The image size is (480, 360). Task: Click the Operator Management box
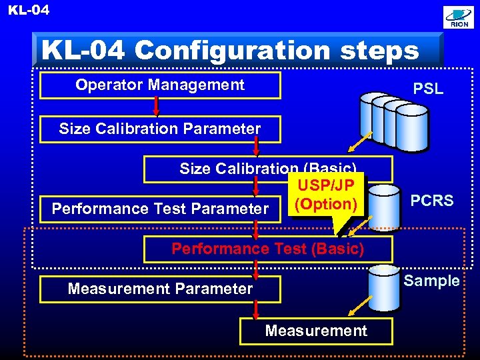coord(160,85)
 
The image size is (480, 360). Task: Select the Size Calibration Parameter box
coord(160,129)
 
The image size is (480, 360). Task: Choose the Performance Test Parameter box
coord(160,209)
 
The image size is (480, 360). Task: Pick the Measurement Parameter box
coord(160,289)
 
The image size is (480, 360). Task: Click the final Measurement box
coord(316,331)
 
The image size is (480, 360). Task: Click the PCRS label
coord(432,201)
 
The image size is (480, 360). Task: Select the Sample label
coord(432,281)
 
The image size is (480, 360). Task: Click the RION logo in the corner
coord(459,18)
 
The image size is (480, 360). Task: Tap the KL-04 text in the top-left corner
coord(28,10)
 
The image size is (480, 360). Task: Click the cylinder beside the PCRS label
coord(384,206)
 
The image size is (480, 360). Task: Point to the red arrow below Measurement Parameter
coord(256,310)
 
